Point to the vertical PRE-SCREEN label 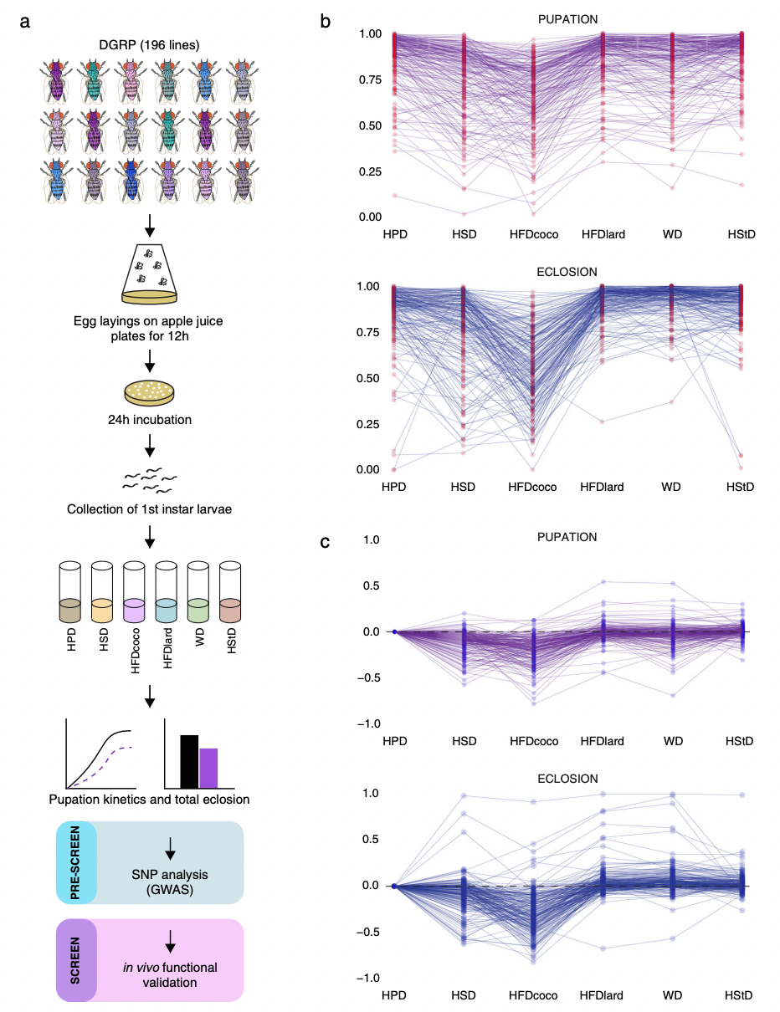(x=76, y=862)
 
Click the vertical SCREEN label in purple (x=76, y=960)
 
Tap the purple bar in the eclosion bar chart (x=209, y=768)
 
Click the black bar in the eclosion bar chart (x=190, y=761)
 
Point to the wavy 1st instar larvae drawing (x=151, y=480)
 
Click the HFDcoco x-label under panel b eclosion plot (x=532, y=487)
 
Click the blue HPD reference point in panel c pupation (x=394, y=631)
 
